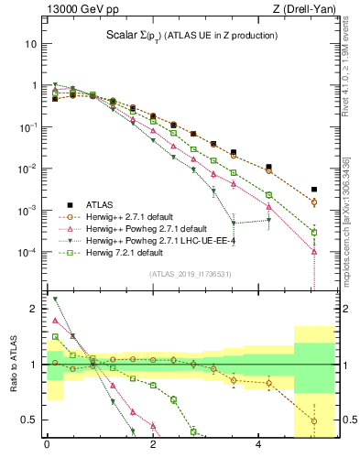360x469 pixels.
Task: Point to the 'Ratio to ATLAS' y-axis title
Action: coord(11,365)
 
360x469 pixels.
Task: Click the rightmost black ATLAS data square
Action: coord(314,190)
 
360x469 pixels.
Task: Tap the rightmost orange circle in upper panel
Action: coord(314,202)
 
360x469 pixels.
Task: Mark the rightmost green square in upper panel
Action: coord(314,232)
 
